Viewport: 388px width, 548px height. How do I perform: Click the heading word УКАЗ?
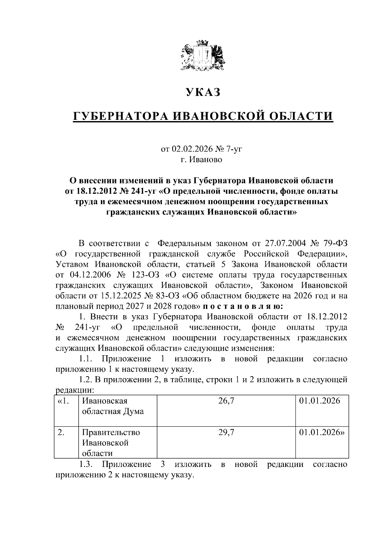(x=203, y=92)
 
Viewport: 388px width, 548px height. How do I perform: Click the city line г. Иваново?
(x=201, y=160)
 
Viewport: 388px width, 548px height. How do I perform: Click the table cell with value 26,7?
(x=226, y=401)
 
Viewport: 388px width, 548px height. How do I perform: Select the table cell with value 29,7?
(x=226, y=432)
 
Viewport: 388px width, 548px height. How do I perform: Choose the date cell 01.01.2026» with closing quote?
(x=321, y=432)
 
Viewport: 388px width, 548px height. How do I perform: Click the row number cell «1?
(x=63, y=401)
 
